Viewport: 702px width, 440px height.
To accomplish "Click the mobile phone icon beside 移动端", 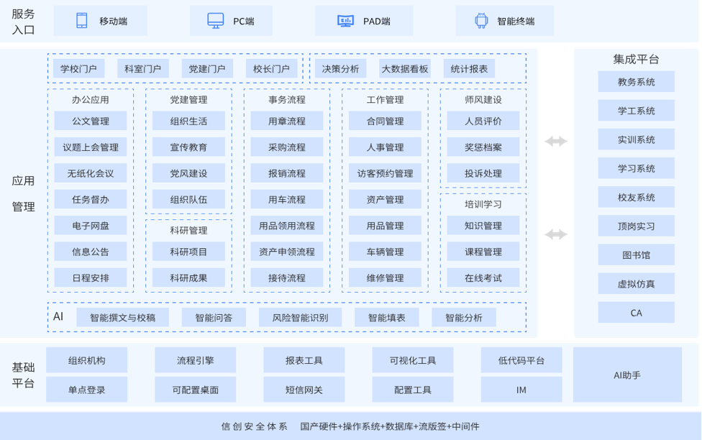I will point(82,21).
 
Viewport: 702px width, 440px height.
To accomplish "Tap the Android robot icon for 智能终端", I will point(481,21).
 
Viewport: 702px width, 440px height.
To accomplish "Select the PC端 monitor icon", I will point(215,21).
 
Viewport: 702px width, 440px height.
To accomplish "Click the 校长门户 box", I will point(271,69).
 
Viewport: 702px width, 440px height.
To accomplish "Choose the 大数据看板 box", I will point(405,69).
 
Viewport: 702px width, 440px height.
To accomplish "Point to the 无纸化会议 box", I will point(91,173).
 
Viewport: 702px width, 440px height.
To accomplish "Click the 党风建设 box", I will point(188,173).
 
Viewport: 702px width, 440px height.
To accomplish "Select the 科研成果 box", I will point(188,278).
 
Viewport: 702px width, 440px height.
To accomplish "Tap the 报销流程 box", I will point(287,173).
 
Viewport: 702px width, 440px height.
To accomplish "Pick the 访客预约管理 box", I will point(385,173).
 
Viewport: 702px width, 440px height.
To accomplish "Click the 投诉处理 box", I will point(483,173).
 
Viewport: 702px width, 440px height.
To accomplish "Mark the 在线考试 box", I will point(483,278).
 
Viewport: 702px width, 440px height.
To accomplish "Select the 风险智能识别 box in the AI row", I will point(300,318).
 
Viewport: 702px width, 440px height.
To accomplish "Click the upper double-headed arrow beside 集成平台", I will point(556,142).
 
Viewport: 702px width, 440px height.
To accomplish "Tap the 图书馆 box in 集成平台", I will point(636,255).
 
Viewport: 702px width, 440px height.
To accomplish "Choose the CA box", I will point(636,313).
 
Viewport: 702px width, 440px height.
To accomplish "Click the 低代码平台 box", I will point(521,361).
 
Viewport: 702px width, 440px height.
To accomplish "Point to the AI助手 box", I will point(627,375).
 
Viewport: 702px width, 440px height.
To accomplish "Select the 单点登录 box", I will point(87,390).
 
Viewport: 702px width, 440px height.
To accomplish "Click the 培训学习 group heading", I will point(483,204).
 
